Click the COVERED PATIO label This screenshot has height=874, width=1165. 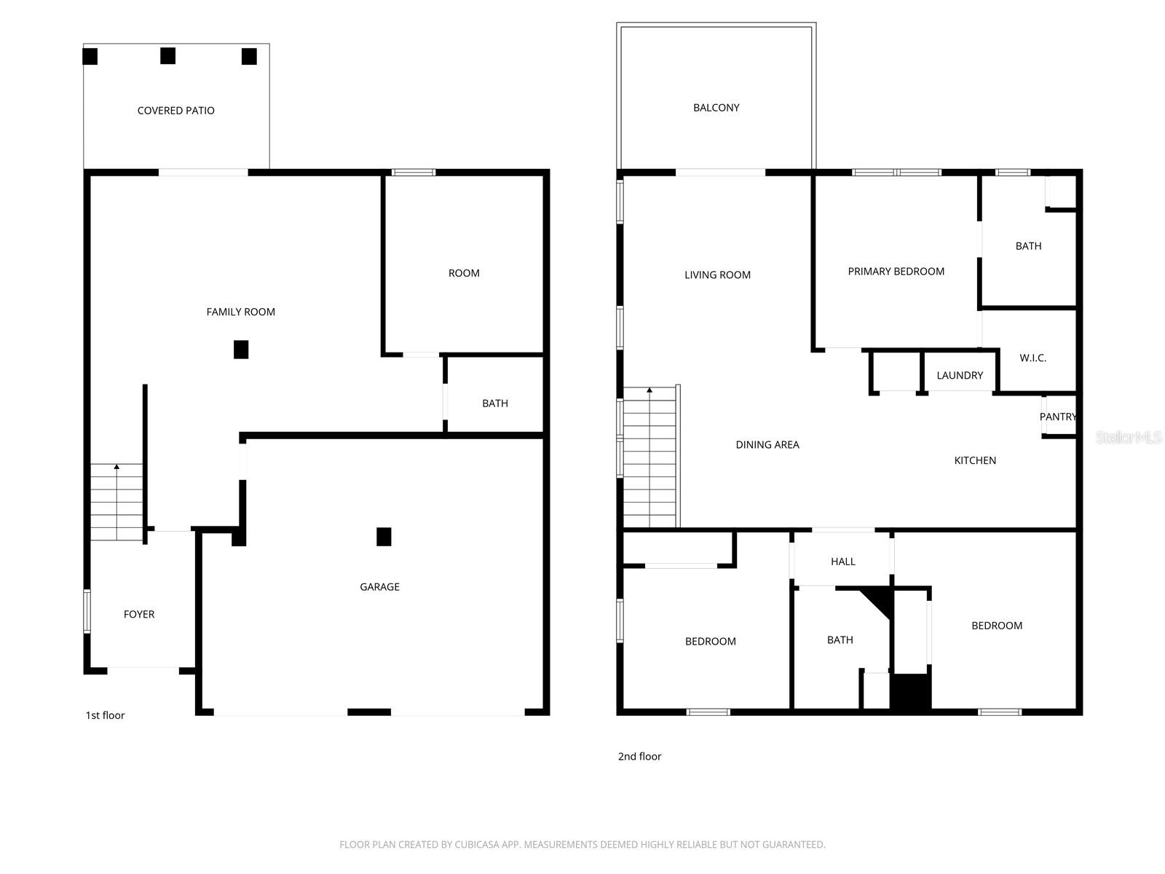pos(175,111)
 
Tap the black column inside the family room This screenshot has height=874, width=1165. pos(241,350)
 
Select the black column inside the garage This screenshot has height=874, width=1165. pos(384,537)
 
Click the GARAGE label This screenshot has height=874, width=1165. pos(379,587)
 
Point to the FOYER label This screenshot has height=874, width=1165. pos(139,615)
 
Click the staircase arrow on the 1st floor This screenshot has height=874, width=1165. pos(116,466)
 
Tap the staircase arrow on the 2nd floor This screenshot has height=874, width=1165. pos(649,390)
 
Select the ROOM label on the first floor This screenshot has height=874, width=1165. pos(464,273)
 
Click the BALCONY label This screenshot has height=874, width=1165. pos(716,108)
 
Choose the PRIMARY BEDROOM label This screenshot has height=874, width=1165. pos(896,272)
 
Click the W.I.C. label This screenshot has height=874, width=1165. pos(1032,358)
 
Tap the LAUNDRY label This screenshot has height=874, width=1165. pos(960,376)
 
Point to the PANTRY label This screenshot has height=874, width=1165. pos(1057,417)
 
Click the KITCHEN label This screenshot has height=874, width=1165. pos(975,460)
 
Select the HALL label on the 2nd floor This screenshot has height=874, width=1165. pos(843,562)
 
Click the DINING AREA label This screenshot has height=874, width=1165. pos(767,445)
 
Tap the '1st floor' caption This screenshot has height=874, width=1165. pos(106,715)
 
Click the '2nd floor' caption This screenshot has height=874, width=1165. pos(639,757)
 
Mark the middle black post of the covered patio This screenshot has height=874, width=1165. pos(168,56)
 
